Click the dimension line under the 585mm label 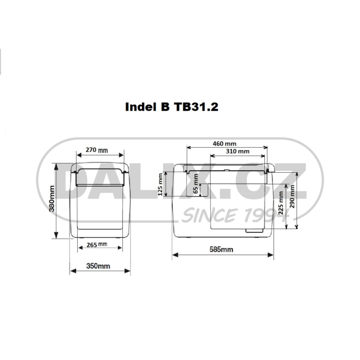click(224, 255)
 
